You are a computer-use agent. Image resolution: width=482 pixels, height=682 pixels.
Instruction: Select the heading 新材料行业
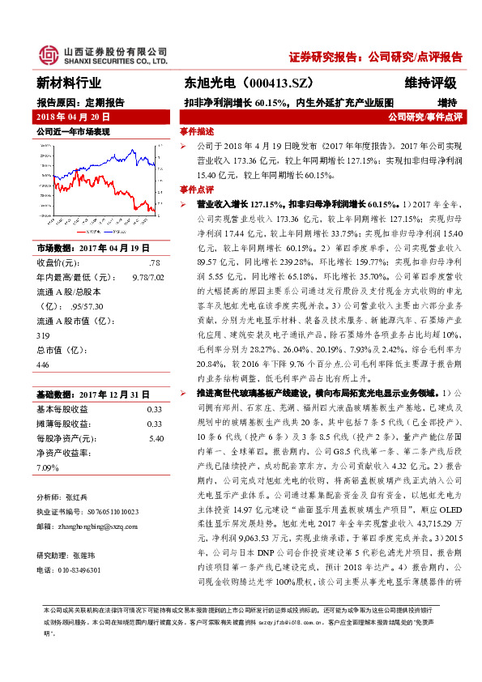click(70, 83)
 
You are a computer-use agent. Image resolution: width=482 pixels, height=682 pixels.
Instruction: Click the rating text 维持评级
click(431, 83)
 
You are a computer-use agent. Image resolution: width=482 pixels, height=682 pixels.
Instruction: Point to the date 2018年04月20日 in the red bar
click(73, 117)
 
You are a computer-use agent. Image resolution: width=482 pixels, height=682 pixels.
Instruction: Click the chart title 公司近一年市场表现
click(73, 131)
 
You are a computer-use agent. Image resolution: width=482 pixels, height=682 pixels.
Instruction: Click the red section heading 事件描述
click(197, 131)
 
